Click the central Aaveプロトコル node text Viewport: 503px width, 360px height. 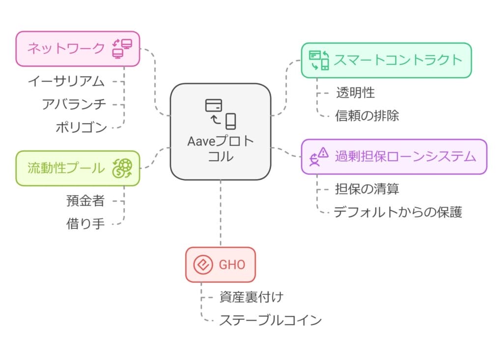pos(221,149)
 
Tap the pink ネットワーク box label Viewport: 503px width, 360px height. pos(65,48)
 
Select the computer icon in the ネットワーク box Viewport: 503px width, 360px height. pos(122,48)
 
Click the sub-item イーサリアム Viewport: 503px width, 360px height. pos(66,81)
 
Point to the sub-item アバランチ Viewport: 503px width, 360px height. pos(74,104)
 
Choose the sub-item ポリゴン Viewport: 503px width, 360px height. pos(81,128)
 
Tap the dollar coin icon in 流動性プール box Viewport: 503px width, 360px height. pos(122,168)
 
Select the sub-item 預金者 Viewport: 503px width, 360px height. pos(85,200)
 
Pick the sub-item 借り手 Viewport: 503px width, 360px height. pos(85,224)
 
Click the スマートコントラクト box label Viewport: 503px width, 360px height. pos(398,60)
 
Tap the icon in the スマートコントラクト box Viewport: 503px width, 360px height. pos(319,60)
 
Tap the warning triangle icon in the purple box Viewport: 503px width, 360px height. pos(323,153)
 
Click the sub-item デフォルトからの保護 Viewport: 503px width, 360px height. pos(397,212)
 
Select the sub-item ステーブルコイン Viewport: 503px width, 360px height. pos(270,320)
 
